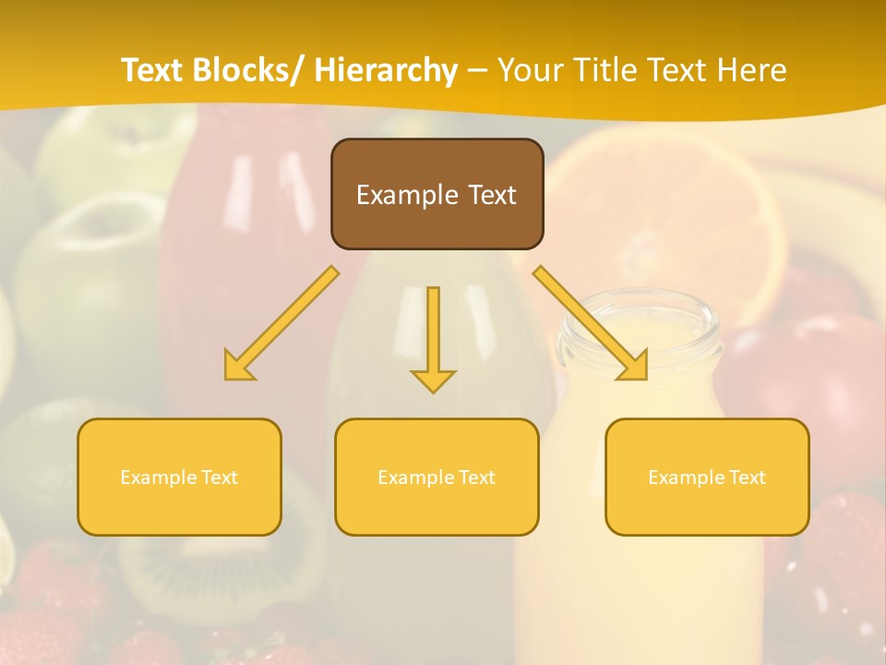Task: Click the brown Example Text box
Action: coord(437,194)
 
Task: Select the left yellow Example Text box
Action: coord(179,477)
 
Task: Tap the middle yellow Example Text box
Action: coord(437,477)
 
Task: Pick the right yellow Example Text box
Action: coord(707,477)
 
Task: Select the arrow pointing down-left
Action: coord(281,323)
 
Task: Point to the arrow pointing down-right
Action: coord(591,323)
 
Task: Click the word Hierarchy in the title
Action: coord(386,70)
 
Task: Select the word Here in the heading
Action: coord(752,70)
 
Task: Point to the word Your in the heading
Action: coord(531,70)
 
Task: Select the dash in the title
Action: coord(477,70)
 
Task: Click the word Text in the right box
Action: coord(747,478)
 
